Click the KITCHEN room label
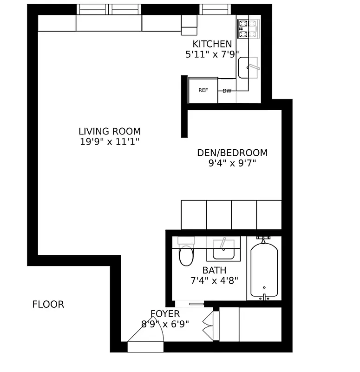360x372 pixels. point(212,44)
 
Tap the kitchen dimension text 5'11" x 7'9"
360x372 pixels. point(212,54)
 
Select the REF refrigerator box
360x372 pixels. point(203,90)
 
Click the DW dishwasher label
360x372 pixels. point(227,91)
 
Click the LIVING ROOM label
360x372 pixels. point(110,132)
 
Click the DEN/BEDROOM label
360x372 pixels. point(232,153)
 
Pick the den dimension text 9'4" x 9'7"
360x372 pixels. point(232,163)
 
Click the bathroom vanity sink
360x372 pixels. point(223,250)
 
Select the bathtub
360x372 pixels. point(264,270)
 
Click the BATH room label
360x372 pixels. point(214,270)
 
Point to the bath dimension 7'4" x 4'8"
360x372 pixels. point(214,280)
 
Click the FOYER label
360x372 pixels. point(165,314)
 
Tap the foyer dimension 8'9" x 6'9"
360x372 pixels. point(165,324)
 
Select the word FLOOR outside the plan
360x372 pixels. point(48,305)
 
